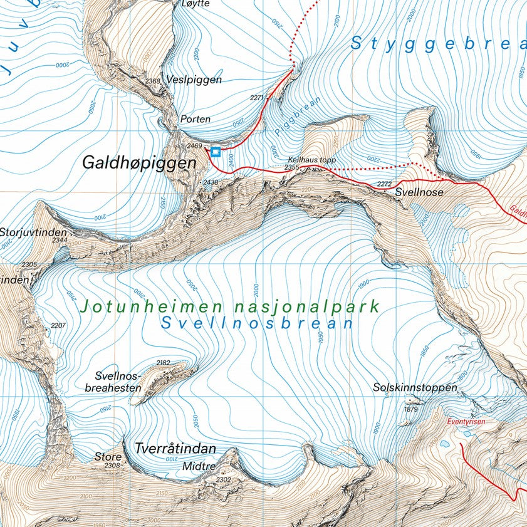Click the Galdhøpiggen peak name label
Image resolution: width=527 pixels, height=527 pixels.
tap(139, 162)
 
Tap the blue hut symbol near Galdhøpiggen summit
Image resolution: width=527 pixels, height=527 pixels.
tap(216, 151)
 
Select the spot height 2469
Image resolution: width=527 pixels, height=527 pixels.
tap(194, 146)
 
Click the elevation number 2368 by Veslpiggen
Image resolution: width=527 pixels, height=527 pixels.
tap(153, 81)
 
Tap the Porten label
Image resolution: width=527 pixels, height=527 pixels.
tap(195, 118)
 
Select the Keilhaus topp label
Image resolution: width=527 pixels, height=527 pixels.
tap(312, 160)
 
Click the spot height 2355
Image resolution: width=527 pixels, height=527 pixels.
tap(291, 167)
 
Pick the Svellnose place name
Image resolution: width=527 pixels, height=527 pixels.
tap(419, 193)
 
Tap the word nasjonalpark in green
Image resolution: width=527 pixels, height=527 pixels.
tap(307, 307)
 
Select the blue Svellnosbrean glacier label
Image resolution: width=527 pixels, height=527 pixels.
tap(256, 324)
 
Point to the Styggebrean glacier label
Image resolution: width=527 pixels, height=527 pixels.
tap(437, 43)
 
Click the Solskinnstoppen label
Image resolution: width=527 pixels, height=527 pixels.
tap(415, 388)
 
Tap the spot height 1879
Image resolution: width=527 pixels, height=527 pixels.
tap(410, 409)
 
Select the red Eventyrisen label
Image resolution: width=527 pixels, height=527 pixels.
tap(466, 422)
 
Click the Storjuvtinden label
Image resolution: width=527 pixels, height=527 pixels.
tap(31, 231)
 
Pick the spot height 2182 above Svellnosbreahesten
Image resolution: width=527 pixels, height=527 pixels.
tap(163, 363)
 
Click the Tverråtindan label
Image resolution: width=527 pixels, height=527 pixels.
tap(175, 449)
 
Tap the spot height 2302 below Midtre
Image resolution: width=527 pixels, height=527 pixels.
tap(224, 479)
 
